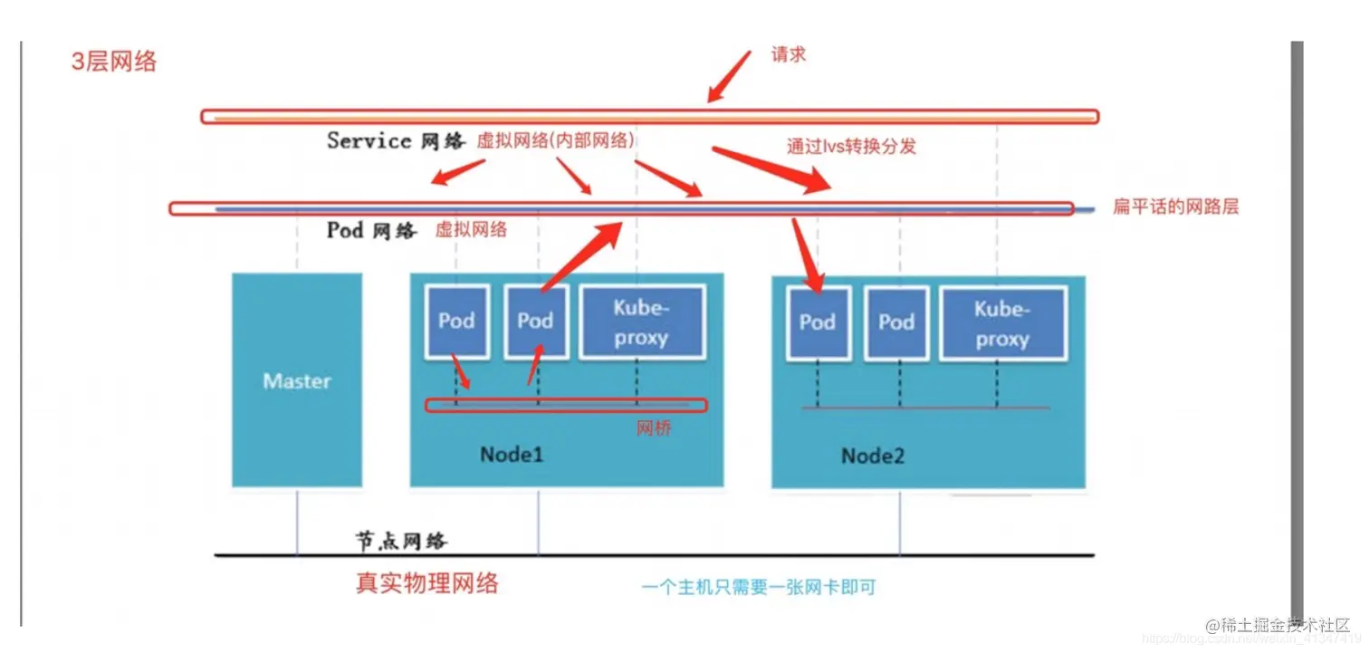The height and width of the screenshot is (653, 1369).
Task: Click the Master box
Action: [x=297, y=380]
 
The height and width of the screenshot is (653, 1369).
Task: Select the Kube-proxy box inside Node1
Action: [x=641, y=322]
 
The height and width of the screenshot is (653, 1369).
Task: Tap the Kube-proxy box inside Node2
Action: [x=1002, y=323]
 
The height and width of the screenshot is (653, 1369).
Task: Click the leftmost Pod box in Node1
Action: [x=456, y=321]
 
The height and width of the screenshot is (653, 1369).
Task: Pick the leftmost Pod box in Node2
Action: [x=817, y=322]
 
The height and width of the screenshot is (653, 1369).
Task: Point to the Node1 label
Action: [x=512, y=454]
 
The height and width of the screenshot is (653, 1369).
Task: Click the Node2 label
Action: [x=873, y=455]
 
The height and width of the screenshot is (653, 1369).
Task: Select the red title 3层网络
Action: [x=114, y=62]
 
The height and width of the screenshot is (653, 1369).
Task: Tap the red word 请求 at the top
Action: [x=788, y=54]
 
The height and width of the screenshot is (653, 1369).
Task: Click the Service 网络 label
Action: [x=395, y=140]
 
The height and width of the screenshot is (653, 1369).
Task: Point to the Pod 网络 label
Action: [x=371, y=230]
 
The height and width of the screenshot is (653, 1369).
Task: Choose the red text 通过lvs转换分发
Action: [x=851, y=146]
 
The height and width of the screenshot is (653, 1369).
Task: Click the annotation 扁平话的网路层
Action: [x=1175, y=206]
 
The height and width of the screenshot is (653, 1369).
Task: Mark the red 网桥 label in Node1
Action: [x=654, y=428]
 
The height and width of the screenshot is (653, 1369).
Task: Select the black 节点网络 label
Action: [x=400, y=541]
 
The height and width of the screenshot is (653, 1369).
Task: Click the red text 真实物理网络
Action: [x=427, y=582]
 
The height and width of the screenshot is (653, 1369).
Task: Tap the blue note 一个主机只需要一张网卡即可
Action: [x=759, y=588]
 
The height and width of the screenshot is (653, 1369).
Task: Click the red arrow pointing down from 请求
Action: [x=729, y=76]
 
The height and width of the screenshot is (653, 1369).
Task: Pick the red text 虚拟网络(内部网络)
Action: [x=556, y=141]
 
